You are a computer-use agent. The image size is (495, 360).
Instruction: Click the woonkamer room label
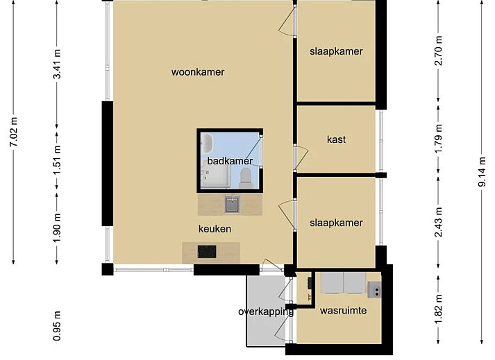click(x=198, y=72)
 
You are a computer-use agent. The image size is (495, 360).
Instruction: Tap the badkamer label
click(x=230, y=161)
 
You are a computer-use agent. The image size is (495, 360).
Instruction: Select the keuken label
click(x=215, y=229)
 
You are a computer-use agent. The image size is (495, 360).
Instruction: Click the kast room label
click(x=336, y=139)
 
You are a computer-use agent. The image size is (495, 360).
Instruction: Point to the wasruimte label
click(x=343, y=311)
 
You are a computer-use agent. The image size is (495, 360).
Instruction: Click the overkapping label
click(x=266, y=311)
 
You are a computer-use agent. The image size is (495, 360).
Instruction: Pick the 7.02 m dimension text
click(x=14, y=132)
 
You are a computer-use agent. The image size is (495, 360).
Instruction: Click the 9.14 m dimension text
click(x=482, y=171)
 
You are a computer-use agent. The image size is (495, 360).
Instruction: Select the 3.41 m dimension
click(x=57, y=64)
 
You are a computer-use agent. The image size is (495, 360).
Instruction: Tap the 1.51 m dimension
click(x=57, y=160)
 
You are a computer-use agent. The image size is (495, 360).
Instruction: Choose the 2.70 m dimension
click(x=439, y=51)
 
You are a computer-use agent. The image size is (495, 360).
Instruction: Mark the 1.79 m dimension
click(x=439, y=139)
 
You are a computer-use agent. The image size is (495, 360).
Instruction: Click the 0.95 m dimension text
click(x=57, y=326)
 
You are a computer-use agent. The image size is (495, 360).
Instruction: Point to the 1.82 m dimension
click(x=439, y=309)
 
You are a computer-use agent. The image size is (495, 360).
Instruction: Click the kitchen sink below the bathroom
click(x=232, y=204)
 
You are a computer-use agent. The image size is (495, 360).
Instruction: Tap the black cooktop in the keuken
click(x=207, y=252)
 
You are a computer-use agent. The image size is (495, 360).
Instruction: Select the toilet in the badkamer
click(x=245, y=178)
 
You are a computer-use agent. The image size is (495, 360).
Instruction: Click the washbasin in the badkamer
click(x=208, y=143)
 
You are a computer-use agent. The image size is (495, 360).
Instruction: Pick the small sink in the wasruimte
click(x=375, y=290)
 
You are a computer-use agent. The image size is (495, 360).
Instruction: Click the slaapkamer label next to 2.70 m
click(x=336, y=51)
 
